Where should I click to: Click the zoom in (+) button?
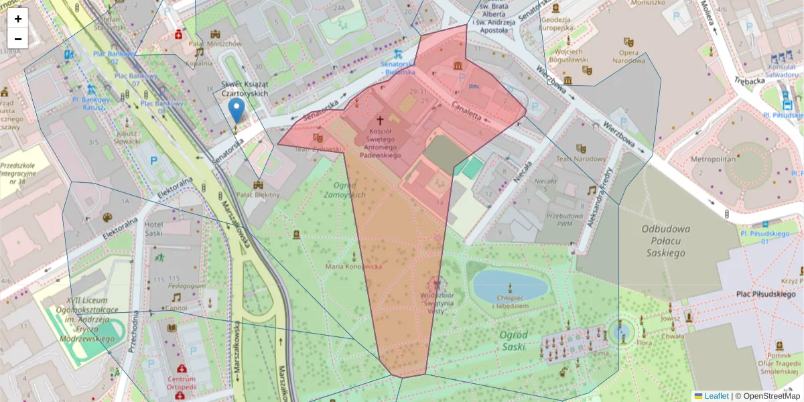(18, 19)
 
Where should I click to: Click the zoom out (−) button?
(18, 39)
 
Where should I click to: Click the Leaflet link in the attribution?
(716, 396)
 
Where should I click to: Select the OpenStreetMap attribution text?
(771, 396)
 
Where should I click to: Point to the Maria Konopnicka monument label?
(353, 267)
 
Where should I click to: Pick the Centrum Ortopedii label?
(181, 383)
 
